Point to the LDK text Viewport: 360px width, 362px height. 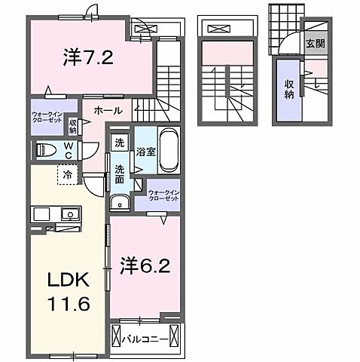[x=67, y=281]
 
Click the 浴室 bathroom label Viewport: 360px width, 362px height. [x=144, y=152]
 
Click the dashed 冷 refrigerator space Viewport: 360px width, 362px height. [x=67, y=174]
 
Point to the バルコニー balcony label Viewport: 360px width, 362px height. [x=146, y=337]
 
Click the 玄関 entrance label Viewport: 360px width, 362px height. [x=314, y=43]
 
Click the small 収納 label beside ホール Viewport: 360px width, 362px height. [x=73, y=125]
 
